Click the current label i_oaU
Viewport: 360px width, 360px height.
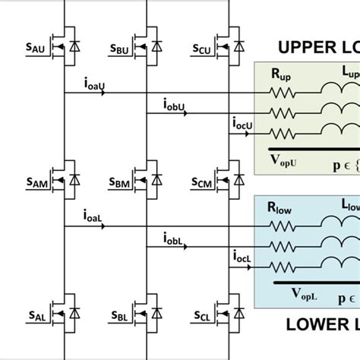91,84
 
